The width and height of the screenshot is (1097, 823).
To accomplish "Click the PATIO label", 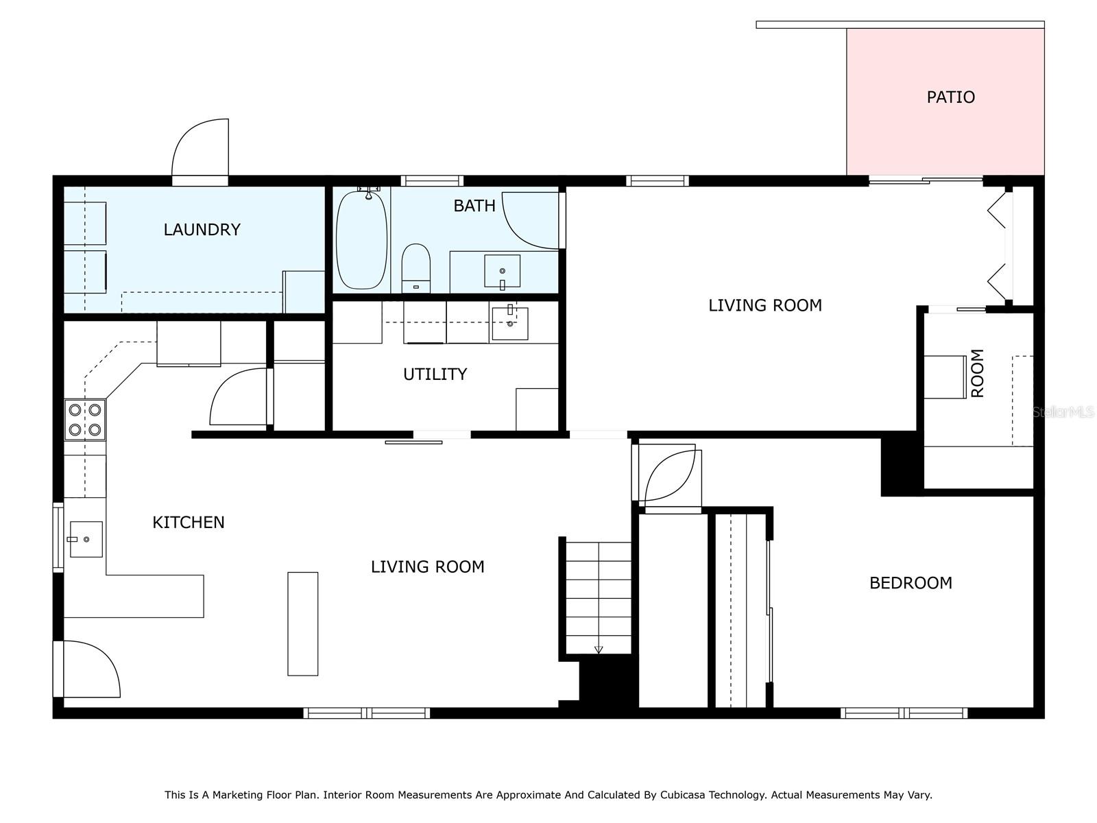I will (x=950, y=97).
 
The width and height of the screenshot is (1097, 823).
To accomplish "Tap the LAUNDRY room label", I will (x=202, y=230).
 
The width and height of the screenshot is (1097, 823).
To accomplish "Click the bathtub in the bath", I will (x=362, y=240).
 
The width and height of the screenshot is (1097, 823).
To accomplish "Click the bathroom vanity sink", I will (x=503, y=271).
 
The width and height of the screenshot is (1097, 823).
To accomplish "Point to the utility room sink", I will (x=509, y=324).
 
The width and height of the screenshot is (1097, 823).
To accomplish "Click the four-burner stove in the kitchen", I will (x=86, y=420).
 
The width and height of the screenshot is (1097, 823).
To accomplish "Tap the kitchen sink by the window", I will (x=86, y=539).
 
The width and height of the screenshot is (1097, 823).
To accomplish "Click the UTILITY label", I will (x=435, y=374).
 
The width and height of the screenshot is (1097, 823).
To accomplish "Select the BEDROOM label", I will (x=911, y=583).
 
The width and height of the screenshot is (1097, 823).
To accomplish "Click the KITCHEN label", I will (x=189, y=523).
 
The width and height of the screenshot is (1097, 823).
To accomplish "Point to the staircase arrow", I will (x=599, y=649).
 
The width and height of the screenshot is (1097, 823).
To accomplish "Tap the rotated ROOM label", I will (x=978, y=373).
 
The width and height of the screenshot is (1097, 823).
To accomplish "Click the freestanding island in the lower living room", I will (x=302, y=623).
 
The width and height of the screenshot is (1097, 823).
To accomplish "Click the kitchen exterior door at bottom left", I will (x=89, y=669).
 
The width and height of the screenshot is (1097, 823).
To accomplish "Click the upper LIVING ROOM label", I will (x=764, y=306).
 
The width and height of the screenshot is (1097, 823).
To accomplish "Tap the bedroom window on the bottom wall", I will (x=904, y=713).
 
